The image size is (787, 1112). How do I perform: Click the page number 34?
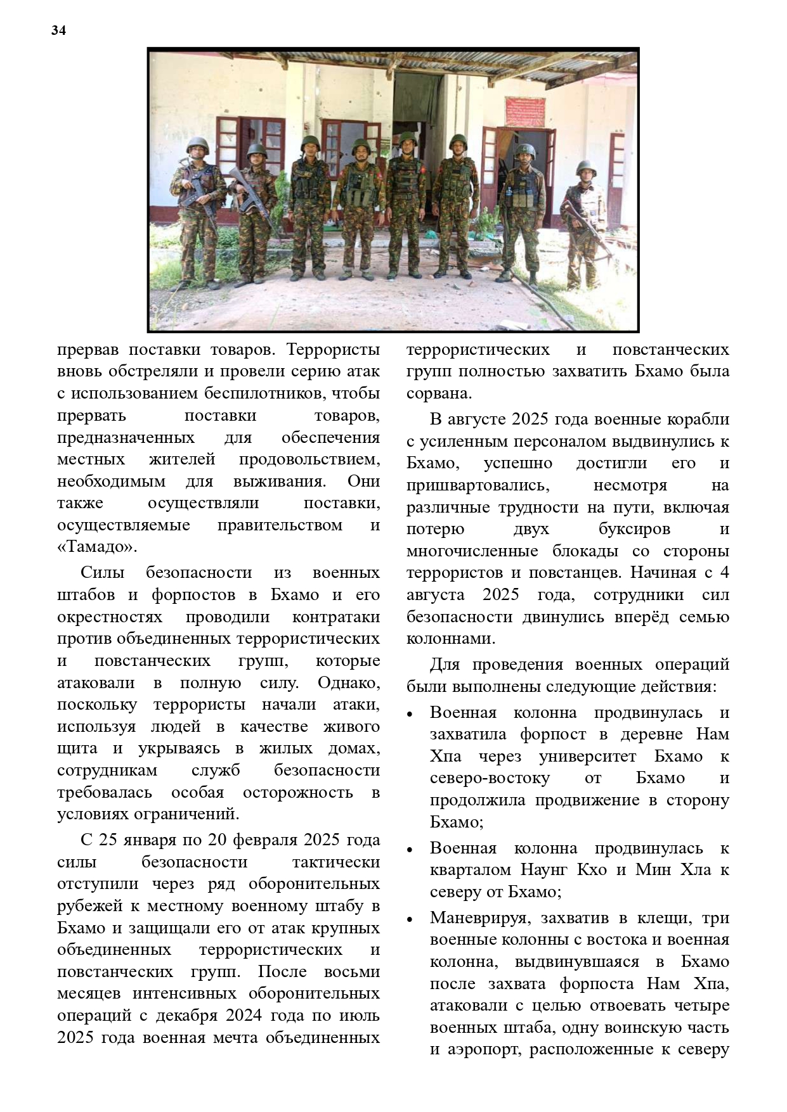point(59,30)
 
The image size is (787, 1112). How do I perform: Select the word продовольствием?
point(309,459)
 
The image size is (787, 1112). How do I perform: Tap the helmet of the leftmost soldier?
point(197,145)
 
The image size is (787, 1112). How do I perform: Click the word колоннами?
point(450,639)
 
